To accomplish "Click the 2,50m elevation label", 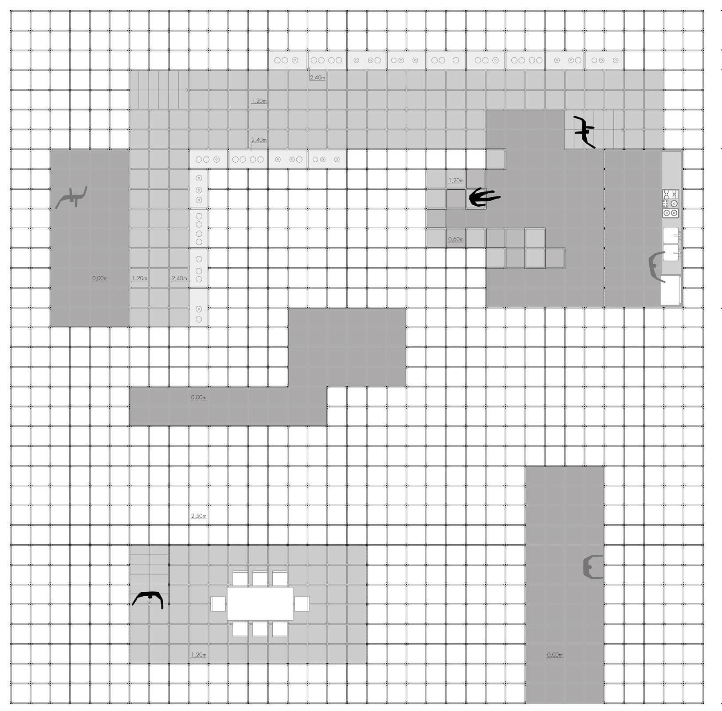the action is [x=199, y=516].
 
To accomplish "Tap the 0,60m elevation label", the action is [x=455, y=239].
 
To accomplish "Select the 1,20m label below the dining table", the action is [x=199, y=655].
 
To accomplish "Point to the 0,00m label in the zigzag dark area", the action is [x=199, y=398].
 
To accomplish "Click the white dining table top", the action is [x=260, y=603].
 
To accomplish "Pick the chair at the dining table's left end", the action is [x=218, y=604].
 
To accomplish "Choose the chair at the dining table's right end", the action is [x=302, y=604].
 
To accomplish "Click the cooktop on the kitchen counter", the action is [x=671, y=204].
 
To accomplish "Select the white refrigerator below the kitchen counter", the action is [x=670, y=290].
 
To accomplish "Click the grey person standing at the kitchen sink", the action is [x=656, y=266].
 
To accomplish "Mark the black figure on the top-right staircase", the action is [x=585, y=131].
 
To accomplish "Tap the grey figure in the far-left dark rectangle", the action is [x=72, y=198].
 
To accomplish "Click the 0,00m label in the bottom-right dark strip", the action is [x=555, y=655].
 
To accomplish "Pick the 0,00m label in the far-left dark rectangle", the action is [x=100, y=279].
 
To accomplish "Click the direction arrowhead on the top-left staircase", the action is [x=187, y=90].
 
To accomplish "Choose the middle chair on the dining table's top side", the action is [x=260, y=578].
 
